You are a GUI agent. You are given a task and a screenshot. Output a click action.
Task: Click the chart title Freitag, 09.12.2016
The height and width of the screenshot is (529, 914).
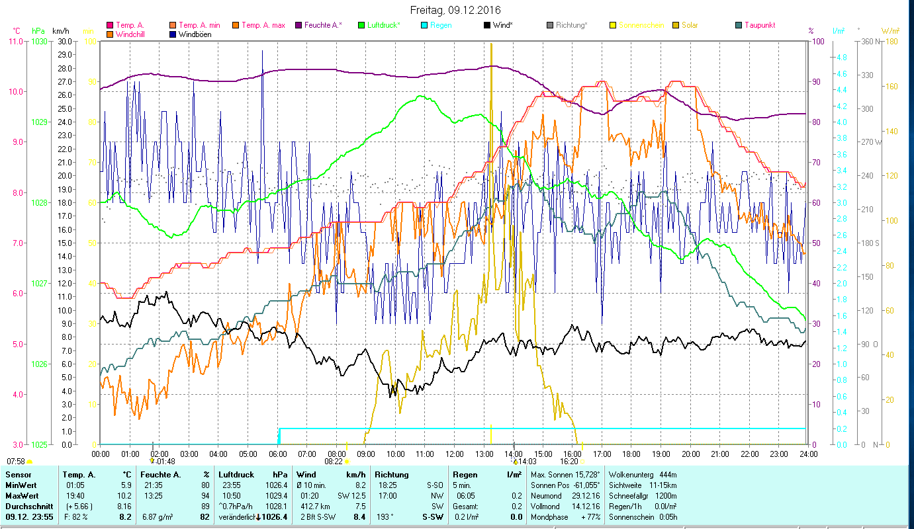[456, 10]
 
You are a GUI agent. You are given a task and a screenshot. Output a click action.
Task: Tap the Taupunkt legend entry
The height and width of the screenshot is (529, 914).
[759, 25]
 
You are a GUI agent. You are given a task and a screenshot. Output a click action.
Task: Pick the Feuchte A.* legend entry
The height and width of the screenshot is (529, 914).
[323, 25]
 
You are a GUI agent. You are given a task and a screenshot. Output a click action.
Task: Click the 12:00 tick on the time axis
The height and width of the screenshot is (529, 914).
[455, 454]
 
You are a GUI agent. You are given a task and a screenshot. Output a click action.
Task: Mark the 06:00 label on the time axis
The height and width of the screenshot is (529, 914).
[277, 454]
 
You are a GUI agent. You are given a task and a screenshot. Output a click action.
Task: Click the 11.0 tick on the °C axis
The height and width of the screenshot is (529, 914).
[15, 41]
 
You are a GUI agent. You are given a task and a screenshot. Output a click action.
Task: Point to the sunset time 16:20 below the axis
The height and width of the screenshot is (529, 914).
[569, 462]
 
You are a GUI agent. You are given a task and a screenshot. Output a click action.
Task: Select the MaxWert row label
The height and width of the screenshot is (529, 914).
[22, 495]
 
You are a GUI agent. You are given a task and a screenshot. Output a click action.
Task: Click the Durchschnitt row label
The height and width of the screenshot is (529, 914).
[28, 506]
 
